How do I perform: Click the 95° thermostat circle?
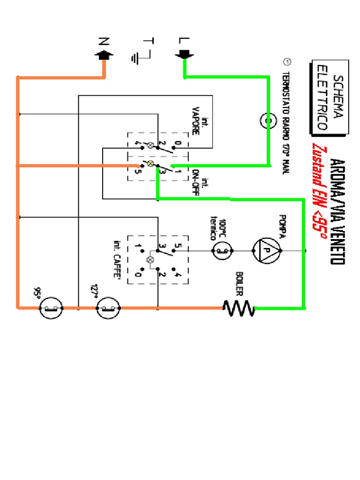tap(52, 308)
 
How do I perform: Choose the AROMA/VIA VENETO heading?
tap(337, 211)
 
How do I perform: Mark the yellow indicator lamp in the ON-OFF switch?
tap(150, 164)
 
